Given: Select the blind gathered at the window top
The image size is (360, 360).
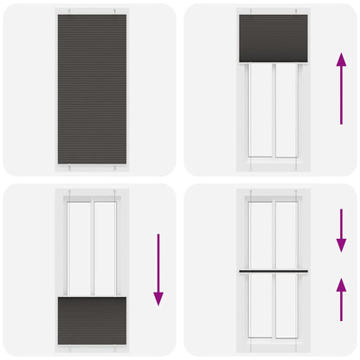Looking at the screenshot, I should (x=273, y=39).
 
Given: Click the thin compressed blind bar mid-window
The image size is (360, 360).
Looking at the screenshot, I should (x=273, y=271).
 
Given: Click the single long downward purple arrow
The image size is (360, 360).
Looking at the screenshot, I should (x=158, y=268).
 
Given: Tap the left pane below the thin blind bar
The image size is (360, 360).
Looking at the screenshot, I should (x=260, y=307).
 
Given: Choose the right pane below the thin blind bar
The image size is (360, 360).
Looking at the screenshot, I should (x=286, y=307).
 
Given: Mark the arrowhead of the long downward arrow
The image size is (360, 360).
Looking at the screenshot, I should (x=158, y=298).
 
